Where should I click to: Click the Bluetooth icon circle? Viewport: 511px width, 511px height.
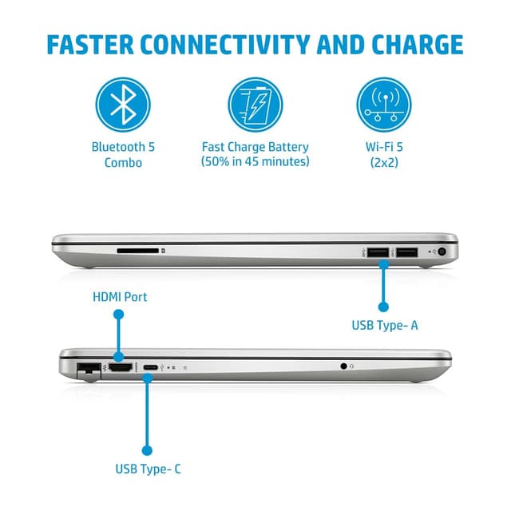pos(123,105)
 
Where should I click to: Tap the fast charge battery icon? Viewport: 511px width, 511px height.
pos(255,105)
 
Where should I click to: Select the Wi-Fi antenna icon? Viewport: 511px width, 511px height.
pos(386,105)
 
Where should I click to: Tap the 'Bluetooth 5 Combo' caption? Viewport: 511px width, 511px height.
pos(123,154)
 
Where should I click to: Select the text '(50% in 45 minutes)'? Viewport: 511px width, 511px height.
pos(255,162)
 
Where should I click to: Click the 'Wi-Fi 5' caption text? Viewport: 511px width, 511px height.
pos(386,147)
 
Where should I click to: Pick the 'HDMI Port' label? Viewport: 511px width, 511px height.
pos(120,297)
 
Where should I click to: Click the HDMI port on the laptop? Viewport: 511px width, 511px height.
pos(120,367)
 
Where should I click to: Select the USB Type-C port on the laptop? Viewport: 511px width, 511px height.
pos(149,367)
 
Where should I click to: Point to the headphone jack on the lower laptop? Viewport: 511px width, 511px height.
pos(344,366)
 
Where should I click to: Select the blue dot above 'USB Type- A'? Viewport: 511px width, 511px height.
pos(383,306)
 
